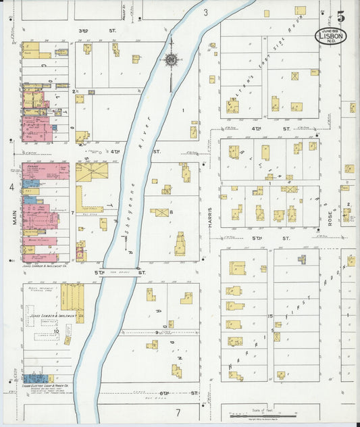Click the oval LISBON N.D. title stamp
[331, 36]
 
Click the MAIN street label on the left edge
[13, 220]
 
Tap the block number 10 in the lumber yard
[57, 331]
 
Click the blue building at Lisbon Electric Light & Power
[32, 378]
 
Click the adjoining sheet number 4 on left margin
[11, 186]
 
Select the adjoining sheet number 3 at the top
[205, 12]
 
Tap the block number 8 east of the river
[172, 213]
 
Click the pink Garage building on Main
[45, 170]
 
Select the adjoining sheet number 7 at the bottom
[178, 412]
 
